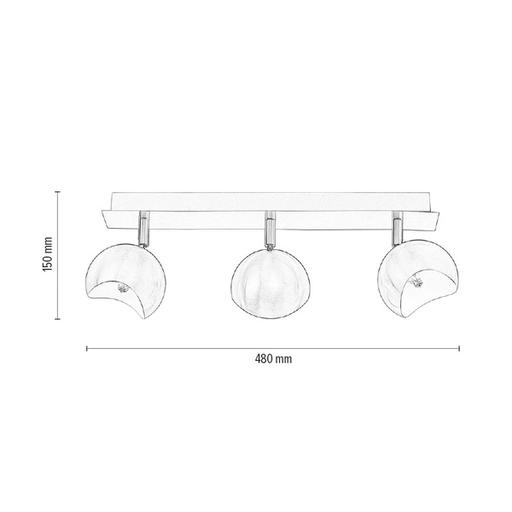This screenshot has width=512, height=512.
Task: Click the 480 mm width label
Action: point(273,358)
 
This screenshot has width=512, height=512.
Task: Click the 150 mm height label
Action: point(48,254)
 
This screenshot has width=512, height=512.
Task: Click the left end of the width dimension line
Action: point(87,347)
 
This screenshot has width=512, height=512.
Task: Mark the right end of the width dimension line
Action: point(459,347)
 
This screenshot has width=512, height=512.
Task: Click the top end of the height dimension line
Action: point(57,191)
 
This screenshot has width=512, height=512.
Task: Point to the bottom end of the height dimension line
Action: point(57,319)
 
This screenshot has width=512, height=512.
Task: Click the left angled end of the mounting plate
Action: point(107,218)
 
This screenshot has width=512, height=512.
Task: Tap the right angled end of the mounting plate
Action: point(435,218)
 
